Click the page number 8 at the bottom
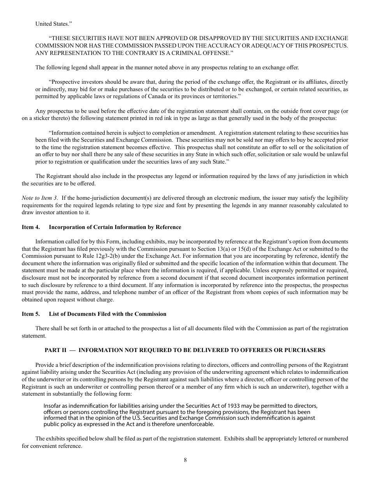(185, 460)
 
